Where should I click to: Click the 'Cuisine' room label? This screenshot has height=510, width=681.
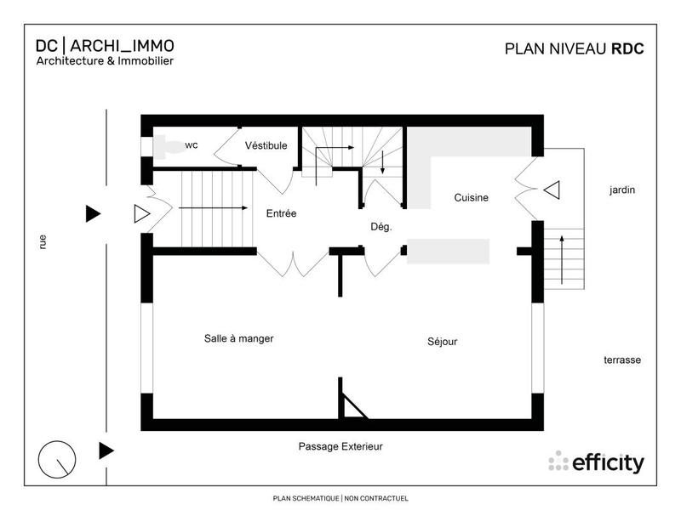coord(471,198)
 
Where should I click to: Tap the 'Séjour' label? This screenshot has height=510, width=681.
coord(442,342)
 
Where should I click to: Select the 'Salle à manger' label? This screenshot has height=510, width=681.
coord(238,338)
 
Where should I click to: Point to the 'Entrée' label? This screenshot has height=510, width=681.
coord(281,214)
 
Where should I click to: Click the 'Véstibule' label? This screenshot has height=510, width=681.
coord(266,145)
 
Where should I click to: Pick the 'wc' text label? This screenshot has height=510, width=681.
coord(192,145)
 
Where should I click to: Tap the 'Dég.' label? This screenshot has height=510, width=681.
coord(381,227)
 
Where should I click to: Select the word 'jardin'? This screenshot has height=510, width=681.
coord(622,190)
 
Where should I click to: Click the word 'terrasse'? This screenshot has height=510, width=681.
coord(622,360)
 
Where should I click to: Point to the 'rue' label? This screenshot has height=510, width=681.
coord(43,241)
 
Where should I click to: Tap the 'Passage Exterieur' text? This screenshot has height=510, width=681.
coord(340,446)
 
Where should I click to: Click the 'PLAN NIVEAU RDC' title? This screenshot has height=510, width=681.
coord(574,48)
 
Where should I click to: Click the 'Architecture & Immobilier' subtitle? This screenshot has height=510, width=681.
coord(105,61)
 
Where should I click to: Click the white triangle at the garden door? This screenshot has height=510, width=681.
coord(551,190)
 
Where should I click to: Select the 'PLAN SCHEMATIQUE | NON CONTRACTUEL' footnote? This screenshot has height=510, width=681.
coord(340,499)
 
